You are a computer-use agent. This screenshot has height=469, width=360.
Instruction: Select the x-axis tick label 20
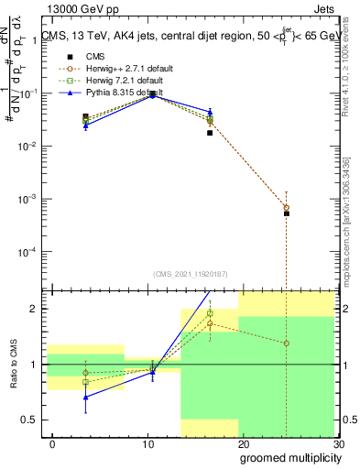(x=244, y=444)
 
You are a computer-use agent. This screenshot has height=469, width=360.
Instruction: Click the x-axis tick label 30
(x=338, y=444)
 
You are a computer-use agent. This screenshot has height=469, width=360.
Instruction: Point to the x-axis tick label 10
(x=147, y=444)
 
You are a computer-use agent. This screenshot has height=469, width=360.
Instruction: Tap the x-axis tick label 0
(x=52, y=444)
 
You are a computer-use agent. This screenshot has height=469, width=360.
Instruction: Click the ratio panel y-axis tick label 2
(x=34, y=309)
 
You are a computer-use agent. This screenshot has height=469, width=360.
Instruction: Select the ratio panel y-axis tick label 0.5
(x=29, y=420)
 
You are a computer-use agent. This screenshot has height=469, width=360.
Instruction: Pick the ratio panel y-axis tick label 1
(x=34, y=365)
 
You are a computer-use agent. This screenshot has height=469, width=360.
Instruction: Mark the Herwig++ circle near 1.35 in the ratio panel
(x=287, y=344)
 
